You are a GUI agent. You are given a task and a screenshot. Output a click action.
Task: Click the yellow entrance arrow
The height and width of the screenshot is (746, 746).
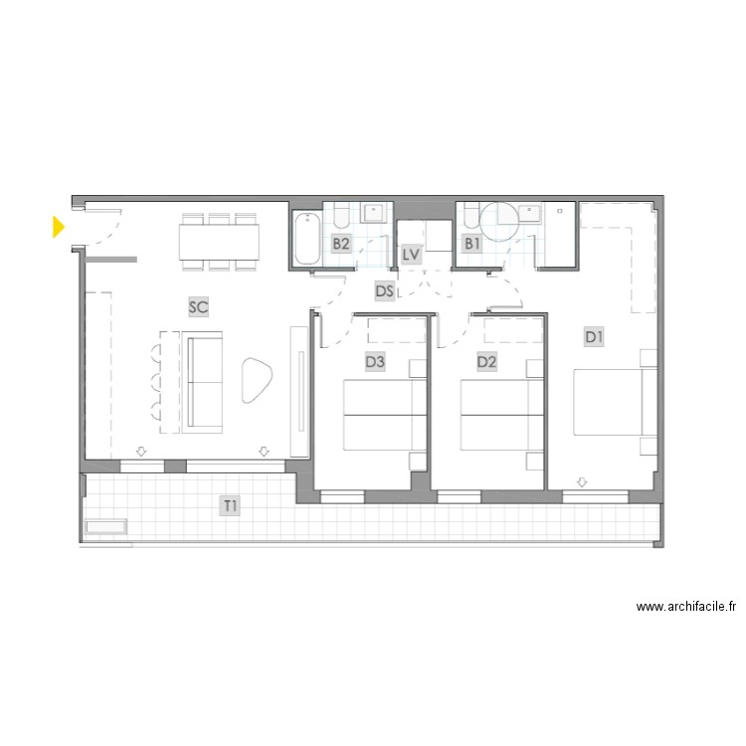[x=59, y=228]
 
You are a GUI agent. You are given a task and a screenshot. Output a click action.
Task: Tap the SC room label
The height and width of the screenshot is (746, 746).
[x=198, y=307]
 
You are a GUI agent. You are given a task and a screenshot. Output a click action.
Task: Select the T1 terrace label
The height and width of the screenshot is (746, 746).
[x=230, y=506]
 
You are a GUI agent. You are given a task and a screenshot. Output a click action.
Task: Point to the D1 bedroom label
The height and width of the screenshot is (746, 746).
[x=594, y=338]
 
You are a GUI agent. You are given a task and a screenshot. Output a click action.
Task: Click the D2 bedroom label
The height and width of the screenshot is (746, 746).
[x=486, y=362]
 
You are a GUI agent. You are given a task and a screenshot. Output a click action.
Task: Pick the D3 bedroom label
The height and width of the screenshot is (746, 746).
[x=374, y=362]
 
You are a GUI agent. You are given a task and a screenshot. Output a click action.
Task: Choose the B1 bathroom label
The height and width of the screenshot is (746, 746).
[x=473, y=243]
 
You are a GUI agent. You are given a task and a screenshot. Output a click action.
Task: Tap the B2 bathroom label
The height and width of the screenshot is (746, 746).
[x=341, y=243]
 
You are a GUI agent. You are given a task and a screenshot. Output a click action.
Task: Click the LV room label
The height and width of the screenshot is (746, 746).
[x=412, y=255]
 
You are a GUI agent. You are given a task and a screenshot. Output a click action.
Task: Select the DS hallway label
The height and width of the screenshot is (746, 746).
[x=385, y=290]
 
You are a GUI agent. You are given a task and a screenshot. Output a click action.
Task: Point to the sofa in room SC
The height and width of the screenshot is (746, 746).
[x=204, y=382]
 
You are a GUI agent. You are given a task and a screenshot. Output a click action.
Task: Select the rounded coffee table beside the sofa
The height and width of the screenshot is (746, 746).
[x=257, y=380]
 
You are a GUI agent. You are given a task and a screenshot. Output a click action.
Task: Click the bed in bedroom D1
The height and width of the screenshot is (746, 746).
[x=608, y=403]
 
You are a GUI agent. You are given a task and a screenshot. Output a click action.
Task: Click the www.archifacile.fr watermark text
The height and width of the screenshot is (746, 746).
[x=686, y=606]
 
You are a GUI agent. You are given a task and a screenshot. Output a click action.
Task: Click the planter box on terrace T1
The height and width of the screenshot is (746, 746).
[x=106, y=527]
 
